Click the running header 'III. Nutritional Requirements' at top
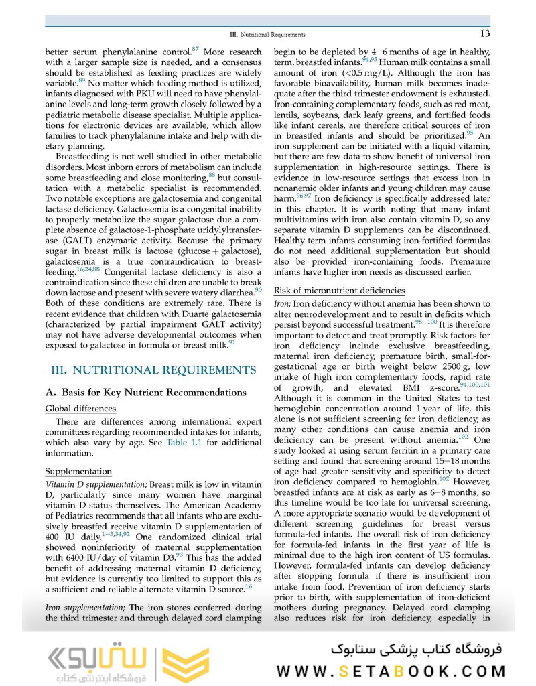point(267,34)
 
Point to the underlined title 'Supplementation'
point(78,471)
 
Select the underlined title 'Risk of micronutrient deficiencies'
point(340,290)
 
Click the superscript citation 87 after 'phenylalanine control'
point(195,48)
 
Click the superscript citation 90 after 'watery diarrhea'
point(258,289)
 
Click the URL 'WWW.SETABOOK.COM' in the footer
point(394,671)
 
